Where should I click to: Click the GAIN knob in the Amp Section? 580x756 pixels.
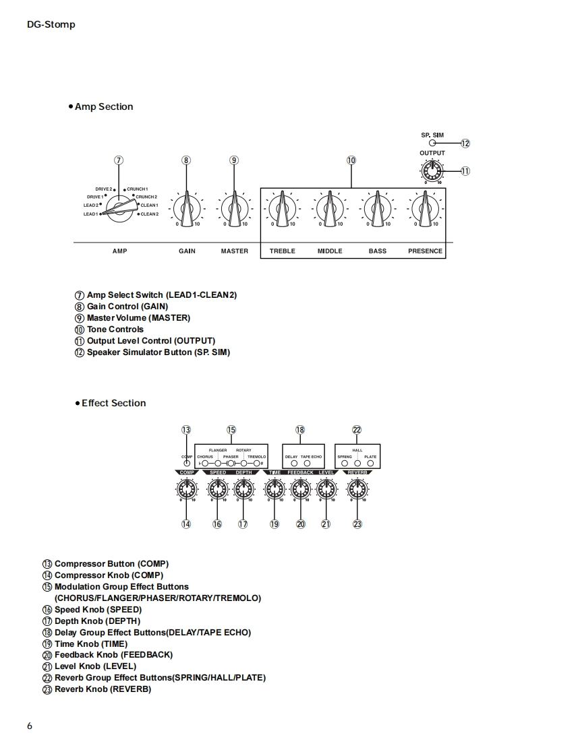point(186,208)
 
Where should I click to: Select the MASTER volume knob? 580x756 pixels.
point(234,208)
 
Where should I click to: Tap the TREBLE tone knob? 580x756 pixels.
point(281,208)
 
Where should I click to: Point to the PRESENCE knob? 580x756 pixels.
point(425,208)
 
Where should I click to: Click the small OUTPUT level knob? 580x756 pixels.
point(432,170)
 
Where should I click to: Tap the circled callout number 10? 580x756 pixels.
point(351,160)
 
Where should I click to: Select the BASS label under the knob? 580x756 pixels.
point(378,251)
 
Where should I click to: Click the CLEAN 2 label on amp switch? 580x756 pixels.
point(149,214)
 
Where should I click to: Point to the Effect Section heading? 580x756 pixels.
point(113,403)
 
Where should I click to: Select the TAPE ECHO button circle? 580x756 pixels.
point(308,464)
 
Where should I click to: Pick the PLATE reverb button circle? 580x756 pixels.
point(370,464)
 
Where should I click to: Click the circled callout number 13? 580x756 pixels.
point(186,430)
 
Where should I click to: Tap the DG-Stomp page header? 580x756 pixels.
point(51,24)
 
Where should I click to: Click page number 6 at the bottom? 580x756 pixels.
point(30,726)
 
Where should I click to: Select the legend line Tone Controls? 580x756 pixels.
point(115,329)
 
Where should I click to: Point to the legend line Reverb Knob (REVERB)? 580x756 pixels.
point(103,689)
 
